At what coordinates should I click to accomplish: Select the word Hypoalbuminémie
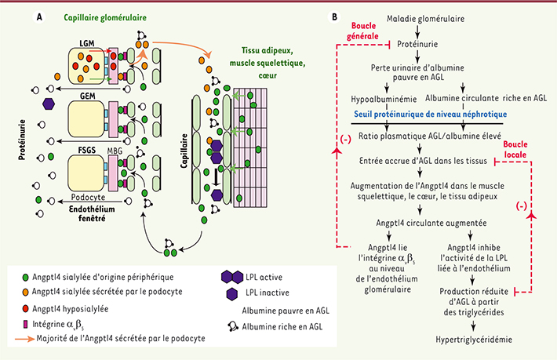pyautogui.click(x=383, y=98)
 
